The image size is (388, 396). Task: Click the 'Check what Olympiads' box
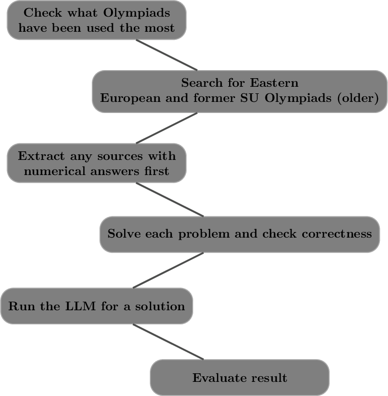(96, 20)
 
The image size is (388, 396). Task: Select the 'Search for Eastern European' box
(240, 91)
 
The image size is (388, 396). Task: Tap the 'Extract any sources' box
(96, 163)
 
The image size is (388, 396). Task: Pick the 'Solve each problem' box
(240, 234)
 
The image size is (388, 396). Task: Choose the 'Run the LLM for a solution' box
(96, 306)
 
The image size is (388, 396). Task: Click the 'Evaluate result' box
(240, 377)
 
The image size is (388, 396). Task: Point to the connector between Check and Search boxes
(167, 55)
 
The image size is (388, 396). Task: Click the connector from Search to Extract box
(167, 128)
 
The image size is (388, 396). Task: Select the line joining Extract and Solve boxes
(170, 199)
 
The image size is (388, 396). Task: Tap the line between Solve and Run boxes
(168, 270)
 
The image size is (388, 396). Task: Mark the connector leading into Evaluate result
(168, 342)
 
